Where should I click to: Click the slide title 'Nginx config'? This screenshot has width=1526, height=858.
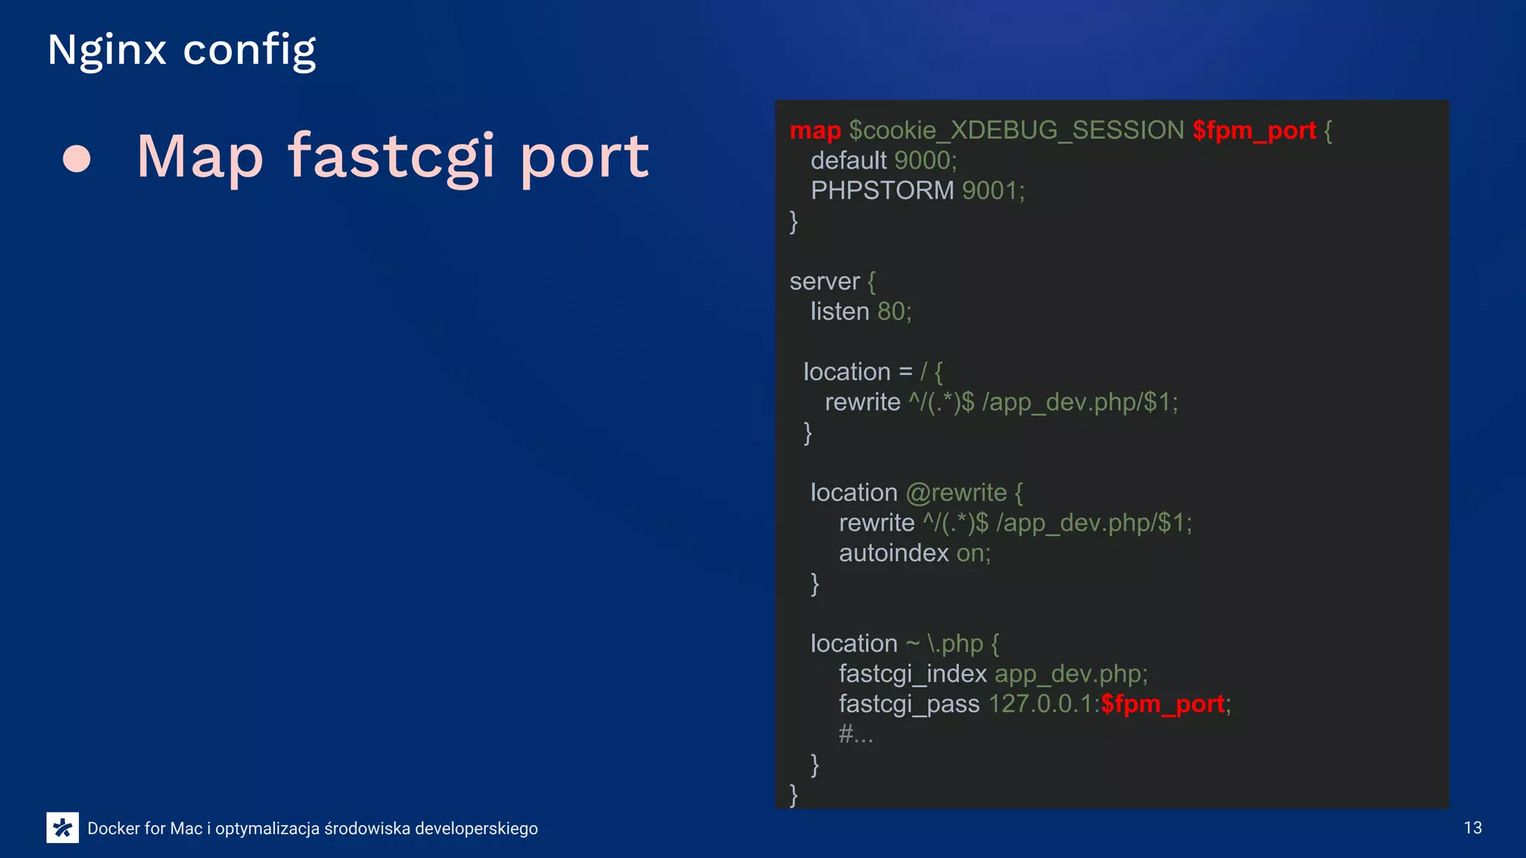181,51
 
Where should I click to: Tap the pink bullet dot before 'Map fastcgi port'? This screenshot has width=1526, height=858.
77,159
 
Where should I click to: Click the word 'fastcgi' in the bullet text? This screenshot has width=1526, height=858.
391,157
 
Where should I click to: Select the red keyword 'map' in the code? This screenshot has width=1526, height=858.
815,130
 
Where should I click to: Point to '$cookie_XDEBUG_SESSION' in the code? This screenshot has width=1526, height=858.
1016,130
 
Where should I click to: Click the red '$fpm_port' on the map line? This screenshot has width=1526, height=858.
1254,130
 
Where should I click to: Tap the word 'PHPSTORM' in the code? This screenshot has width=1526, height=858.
882,191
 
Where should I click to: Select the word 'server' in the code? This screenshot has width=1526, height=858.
824,282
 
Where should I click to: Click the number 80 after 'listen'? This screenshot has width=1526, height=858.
890,311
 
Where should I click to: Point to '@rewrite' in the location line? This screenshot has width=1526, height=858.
956,493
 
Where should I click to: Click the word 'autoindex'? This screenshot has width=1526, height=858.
893,553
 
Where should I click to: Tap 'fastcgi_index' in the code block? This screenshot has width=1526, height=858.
912,674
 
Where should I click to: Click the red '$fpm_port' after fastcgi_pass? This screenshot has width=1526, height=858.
1162,704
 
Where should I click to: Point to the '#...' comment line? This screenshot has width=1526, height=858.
855,734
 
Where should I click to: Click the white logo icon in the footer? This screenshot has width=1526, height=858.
63,827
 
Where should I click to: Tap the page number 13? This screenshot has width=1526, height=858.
1472,828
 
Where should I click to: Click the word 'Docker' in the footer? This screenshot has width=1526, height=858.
113,828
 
